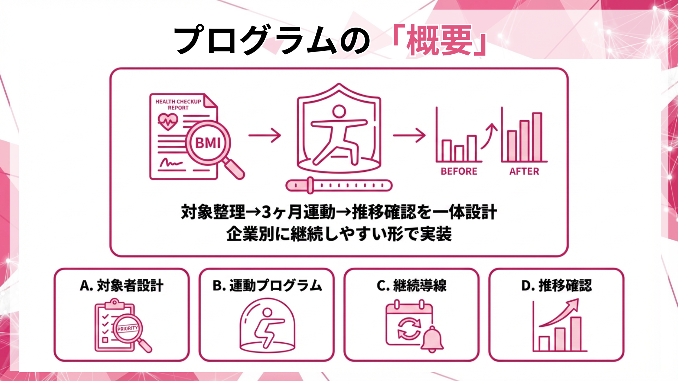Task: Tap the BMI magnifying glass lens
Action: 208,143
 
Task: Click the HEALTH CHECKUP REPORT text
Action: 178,104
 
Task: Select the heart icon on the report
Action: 167,122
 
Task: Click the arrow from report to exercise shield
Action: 264,135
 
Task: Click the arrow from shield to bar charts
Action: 409,135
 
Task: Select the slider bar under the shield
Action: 339,185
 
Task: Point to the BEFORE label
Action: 459,171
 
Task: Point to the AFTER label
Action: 524,171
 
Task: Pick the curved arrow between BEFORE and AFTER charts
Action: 489,136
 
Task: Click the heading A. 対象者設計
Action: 121,285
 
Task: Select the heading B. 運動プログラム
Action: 267,285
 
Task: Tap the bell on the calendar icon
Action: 432,339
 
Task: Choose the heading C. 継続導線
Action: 411,285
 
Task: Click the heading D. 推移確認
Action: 556,285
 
